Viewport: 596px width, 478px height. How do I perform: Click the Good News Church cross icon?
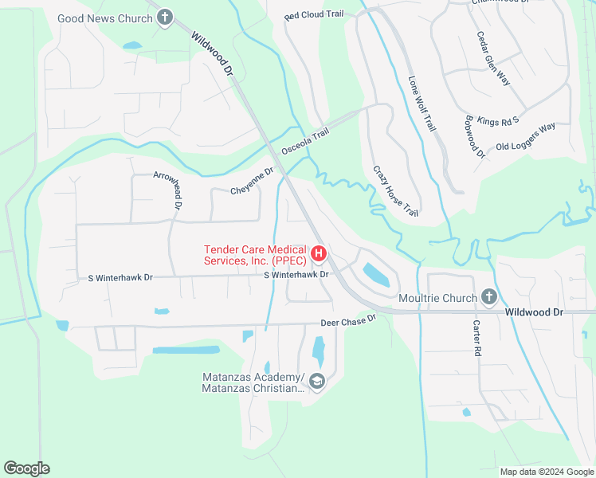click(165, 18)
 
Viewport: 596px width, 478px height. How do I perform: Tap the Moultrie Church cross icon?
click(489, 297)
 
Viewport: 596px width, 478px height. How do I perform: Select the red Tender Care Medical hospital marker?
click(319, 254)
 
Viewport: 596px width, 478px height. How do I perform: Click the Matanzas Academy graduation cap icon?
click(317, 382)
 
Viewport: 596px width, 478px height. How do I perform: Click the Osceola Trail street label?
click(304, 143)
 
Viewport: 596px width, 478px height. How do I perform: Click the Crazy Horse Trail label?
click(395, 191)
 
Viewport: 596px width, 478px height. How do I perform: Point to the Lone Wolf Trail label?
click(423, 104)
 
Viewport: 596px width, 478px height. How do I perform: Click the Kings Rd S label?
click(498, 121)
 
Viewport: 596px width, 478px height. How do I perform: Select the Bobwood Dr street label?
click(473, 136)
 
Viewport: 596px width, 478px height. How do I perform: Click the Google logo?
click(26, 468)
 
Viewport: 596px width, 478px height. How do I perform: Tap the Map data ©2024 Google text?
click(546, 472)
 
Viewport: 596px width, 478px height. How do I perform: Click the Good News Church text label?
click(105, 18)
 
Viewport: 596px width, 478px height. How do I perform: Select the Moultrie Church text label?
click(437, 298)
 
